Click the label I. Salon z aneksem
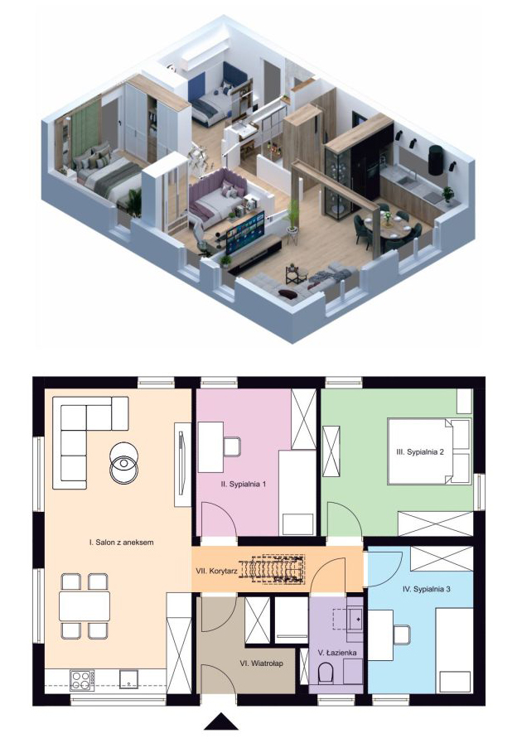121,542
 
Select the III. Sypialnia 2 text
420,451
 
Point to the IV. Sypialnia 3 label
426,589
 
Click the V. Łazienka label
337,653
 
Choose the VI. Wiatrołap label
261,663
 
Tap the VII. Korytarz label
216,571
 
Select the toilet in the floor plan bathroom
326,673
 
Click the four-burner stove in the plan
82,680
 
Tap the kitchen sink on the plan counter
128,678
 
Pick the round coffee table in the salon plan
123,463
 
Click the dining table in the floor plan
85,606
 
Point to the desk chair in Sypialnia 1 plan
232,446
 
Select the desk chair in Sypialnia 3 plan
402,635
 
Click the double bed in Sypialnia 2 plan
429,451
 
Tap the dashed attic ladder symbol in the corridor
272,568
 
